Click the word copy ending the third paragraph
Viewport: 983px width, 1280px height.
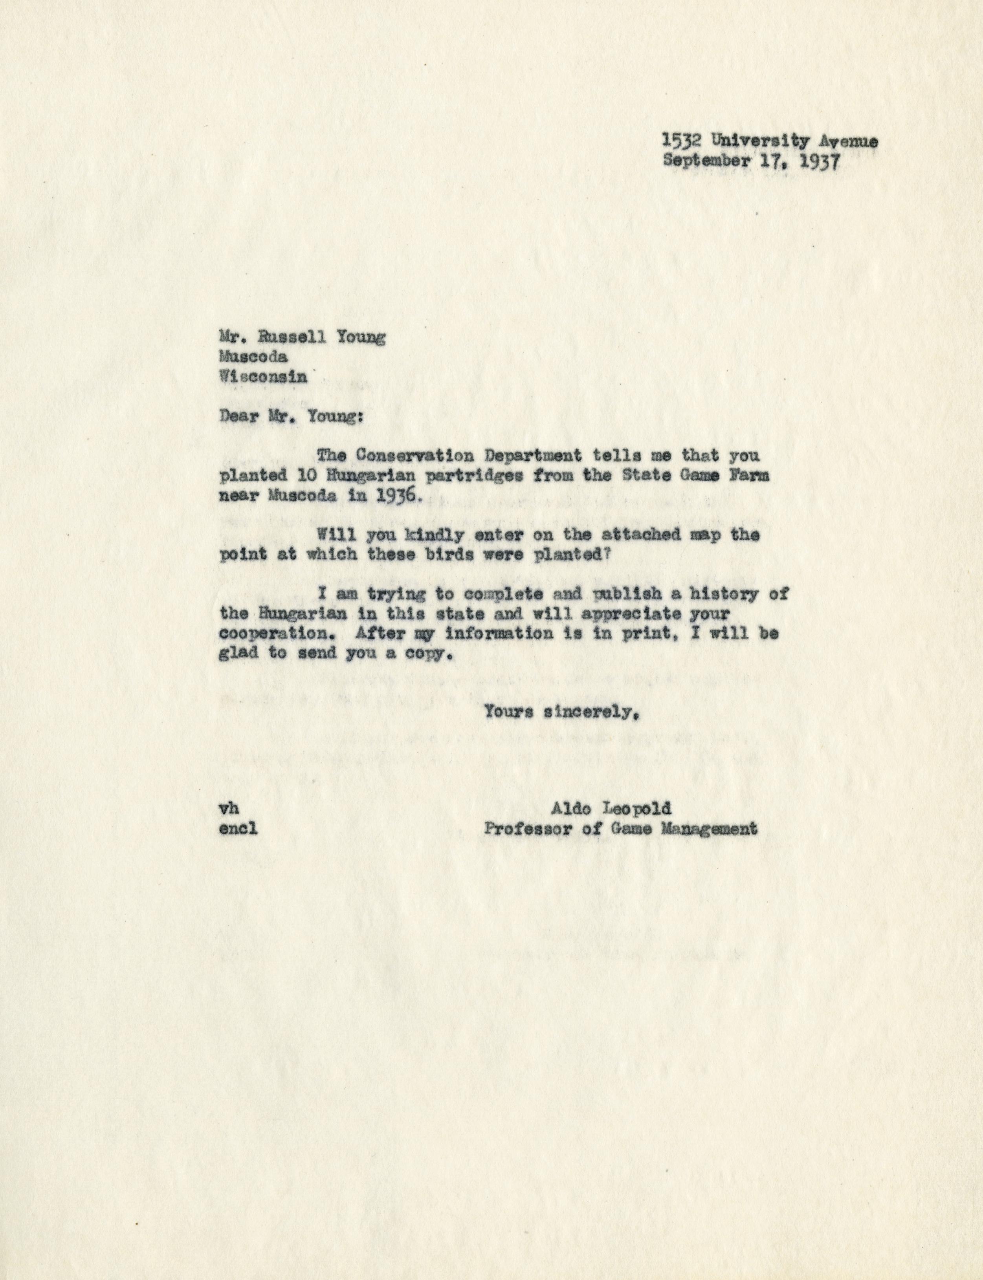point(429,655)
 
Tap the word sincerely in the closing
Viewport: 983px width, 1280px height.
point(589,713)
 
